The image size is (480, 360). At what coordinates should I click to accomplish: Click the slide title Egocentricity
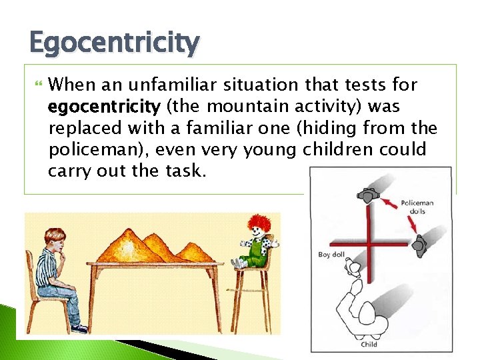click(x=114, y=43)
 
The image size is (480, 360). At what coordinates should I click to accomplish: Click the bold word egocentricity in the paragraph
click(x=103, y=106)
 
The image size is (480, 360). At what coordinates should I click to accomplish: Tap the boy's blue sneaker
click(x=79, y=328)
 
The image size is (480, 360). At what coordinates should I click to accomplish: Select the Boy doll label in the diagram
click(x=332, y=255)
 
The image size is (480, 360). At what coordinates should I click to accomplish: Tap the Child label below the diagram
click(x=369, y=344)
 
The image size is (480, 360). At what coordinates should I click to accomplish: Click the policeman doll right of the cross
click(x=419, y=245)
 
